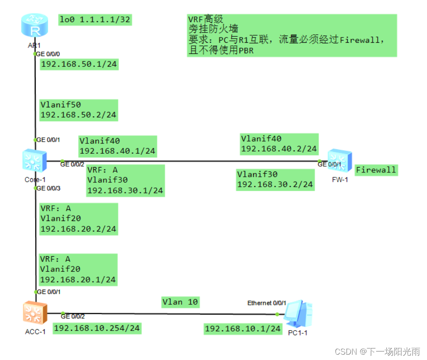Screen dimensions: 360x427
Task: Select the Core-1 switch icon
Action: coord(34,161)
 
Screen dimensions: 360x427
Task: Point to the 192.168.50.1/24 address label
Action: coord(79,64)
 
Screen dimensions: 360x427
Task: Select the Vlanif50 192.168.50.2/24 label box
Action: coord(78,110)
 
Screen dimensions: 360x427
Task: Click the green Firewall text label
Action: coord(375,170)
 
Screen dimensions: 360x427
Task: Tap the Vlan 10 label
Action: coord(180,302)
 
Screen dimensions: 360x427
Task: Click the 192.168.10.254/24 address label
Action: coord(97,328)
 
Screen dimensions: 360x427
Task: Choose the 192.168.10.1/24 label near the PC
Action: coord(243,329)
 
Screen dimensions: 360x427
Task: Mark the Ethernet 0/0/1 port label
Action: coord(267,303)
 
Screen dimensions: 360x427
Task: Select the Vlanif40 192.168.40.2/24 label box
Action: coord(279,143)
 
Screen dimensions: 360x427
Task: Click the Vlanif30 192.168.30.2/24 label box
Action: coord(275,179)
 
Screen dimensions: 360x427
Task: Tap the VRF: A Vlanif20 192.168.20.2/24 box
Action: coord(78,219)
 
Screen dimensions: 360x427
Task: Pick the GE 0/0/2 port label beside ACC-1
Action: coord(73,316)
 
